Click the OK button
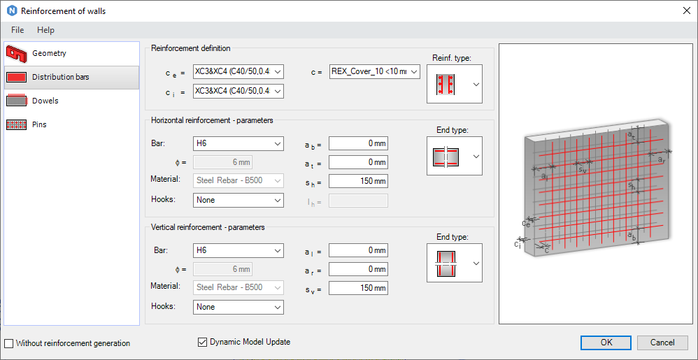606,343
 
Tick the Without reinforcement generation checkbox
8,343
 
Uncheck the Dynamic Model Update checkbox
203,342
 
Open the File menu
17,30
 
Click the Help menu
45,30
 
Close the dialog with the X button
685,10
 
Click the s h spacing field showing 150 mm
358,181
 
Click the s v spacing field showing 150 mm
358,288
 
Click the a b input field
358,143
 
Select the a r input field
358,269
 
